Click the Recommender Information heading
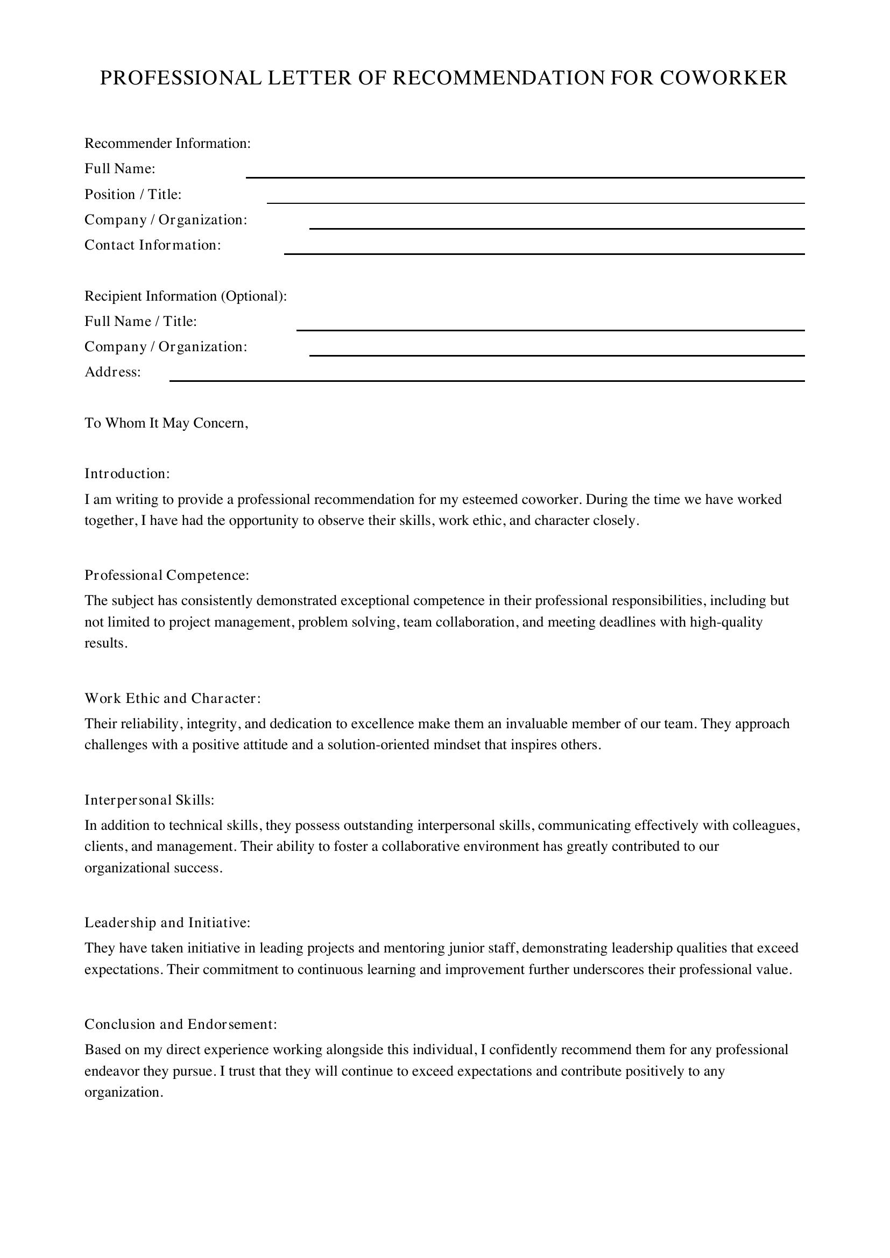[167, 144]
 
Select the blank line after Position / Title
[535, 202]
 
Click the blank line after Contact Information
[543, 253]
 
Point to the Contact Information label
[152, 245]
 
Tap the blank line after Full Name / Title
[550, 329]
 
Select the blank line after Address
[486, 380]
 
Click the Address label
[112, 372]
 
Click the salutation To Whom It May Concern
[166, 423]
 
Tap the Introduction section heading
[127, 473]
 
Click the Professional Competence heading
[167, 575]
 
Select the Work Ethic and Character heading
[172, 699]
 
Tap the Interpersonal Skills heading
[149, 800]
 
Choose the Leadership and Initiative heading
[167, 923]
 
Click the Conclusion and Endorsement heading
[181, 1024]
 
